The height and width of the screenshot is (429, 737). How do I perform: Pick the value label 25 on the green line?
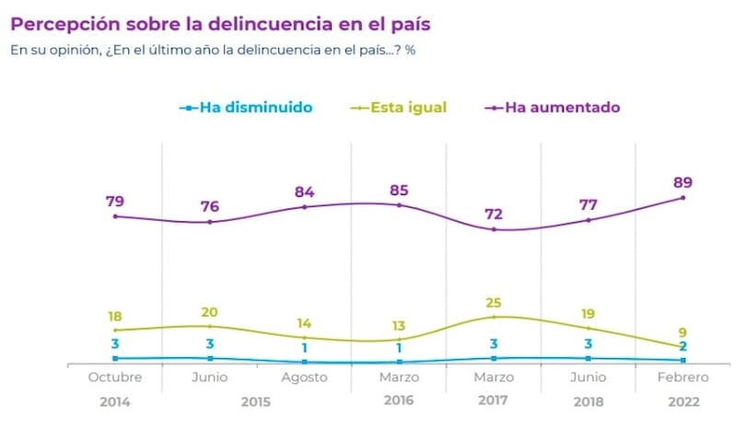pos(495,301)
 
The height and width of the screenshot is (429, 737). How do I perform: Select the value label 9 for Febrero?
pos(684,331)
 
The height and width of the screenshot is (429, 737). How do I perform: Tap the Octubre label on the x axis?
pos(115,378)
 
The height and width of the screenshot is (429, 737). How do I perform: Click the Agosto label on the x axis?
pos(305,378)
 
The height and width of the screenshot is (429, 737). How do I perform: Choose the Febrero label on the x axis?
pos(684,378)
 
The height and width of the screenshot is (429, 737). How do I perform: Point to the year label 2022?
pos(684,402)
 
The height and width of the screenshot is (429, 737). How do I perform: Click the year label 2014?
pos(115,402)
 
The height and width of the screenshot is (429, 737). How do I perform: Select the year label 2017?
pos(494,402)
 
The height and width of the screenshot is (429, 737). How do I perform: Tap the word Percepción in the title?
pos(61,20)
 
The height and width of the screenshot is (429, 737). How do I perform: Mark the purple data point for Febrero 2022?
pos(684,197)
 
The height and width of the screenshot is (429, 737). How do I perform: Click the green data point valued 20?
pos(210,326)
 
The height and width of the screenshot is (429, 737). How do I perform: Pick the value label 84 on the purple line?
pos(305,191)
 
